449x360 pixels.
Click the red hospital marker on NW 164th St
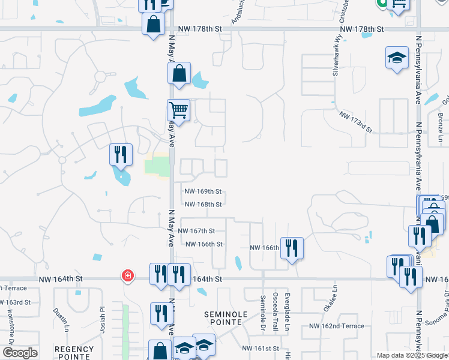click(127, 275)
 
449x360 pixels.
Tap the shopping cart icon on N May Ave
click(178, 110)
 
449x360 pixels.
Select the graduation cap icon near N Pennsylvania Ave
click(396, 58)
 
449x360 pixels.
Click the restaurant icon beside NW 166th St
click(292, 248)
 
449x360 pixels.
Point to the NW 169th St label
click(203, 191)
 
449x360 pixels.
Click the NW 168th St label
click(203, 204)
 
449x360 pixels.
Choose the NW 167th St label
click(195, 230)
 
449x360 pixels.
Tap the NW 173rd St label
click(356, 122)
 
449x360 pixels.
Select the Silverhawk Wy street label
click(334, 58)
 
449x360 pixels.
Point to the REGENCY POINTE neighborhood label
click(74, 352)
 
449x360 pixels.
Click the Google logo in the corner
click(19, 353)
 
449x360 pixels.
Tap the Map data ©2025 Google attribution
click(412, 355)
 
